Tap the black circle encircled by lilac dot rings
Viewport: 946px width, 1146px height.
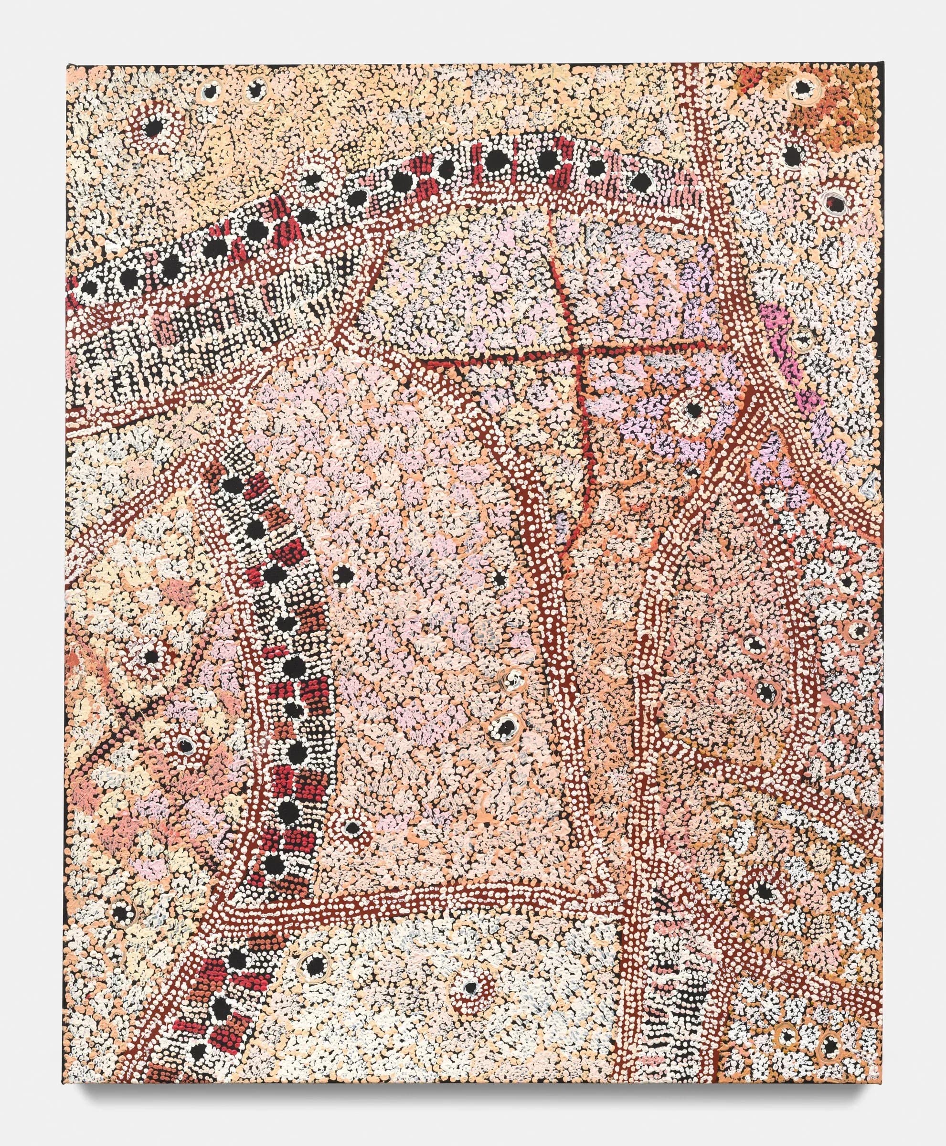(x=693, y=408)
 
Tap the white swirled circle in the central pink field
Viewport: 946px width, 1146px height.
(x=512, y=678)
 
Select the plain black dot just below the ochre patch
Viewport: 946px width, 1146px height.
(x=793, y=140)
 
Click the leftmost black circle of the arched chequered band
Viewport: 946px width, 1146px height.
(x=90, y=288)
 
